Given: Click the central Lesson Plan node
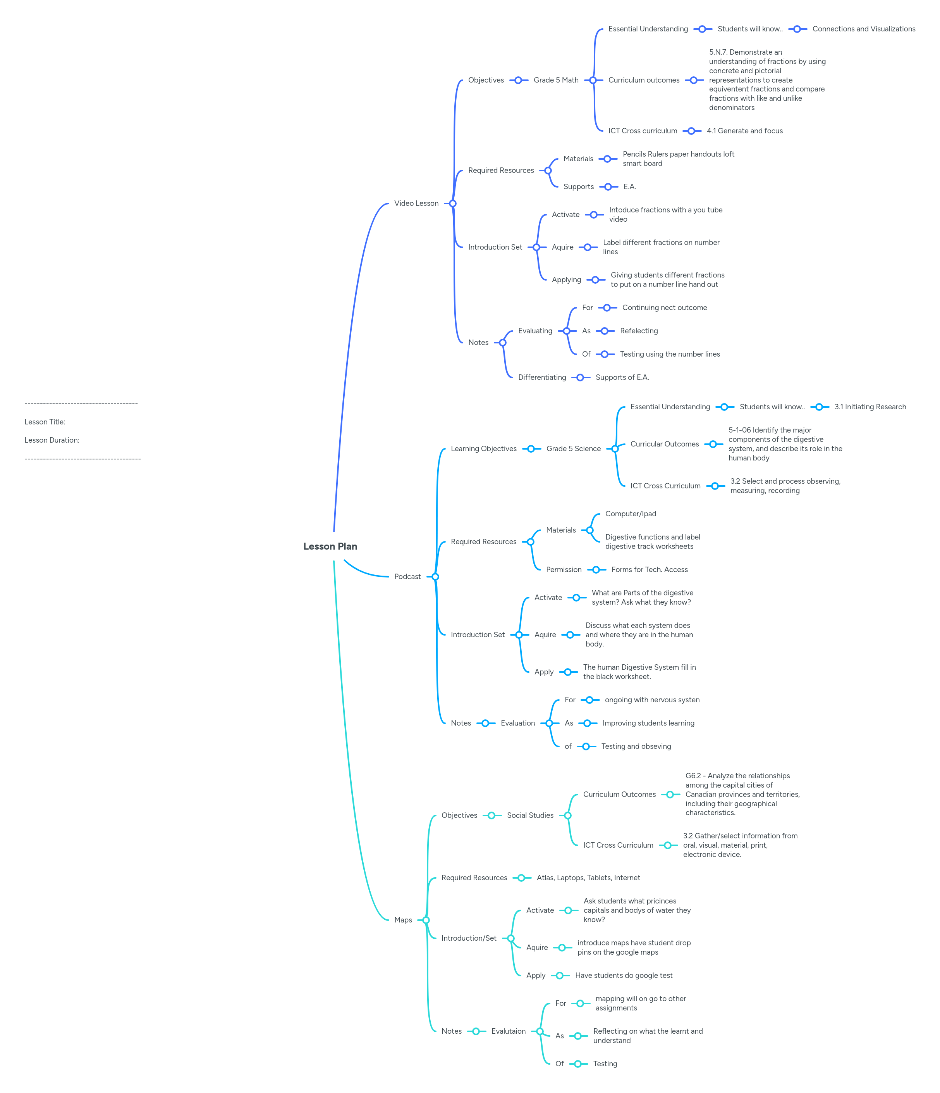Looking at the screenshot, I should point(330,546).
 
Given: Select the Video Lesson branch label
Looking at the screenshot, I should point(416,203).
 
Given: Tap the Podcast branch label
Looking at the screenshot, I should point(407,577).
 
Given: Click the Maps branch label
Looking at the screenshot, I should point(403,920).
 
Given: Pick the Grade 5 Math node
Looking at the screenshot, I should point(556,80).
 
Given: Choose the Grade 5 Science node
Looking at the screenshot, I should point(573,449).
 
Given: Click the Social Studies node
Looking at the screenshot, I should point(530,815).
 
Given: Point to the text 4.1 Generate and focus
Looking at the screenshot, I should point(744,131).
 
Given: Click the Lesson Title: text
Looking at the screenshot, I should point(45,422).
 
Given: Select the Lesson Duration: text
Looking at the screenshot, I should point(52,440).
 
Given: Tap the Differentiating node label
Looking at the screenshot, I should point(542,377).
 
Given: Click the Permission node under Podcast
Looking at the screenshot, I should point(564,570).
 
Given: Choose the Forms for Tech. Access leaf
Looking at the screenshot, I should point(650,570).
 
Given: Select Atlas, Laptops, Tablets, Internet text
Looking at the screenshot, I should point(588,878).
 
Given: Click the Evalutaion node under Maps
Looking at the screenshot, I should point(508,1031).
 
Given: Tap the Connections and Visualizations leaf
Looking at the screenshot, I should point(864,29).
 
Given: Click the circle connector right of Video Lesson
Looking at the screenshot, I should point(452,203).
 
